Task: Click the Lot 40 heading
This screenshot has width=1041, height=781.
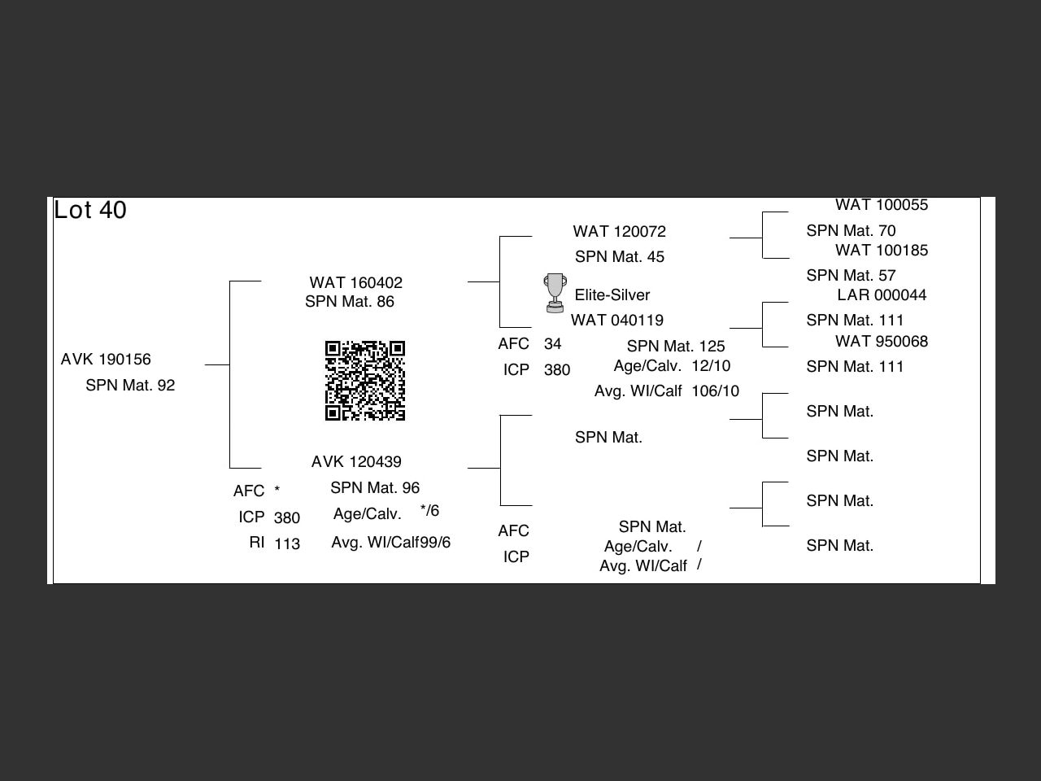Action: coord(90,210)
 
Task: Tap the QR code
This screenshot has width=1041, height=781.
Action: coord(365,381)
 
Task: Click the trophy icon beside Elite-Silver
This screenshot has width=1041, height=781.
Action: coord(555,293)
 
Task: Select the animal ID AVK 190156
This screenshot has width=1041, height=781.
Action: coord(106,360)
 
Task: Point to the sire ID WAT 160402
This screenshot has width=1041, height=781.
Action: coord(355,283)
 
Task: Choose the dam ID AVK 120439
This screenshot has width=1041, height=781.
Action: coord(356,462)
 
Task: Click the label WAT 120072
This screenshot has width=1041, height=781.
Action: coord(619,232)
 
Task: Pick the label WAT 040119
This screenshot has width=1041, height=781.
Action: coord(616,321)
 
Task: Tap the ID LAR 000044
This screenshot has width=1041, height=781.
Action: coord(882,295)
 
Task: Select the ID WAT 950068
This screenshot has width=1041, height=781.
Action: coord(882,342)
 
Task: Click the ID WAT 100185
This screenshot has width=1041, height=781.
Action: coord(882,251)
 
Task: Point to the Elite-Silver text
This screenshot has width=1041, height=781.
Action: coord(612,295)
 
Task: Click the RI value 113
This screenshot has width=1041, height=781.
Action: coord(287,544)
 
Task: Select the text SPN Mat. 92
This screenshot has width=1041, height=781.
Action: coord(130,386)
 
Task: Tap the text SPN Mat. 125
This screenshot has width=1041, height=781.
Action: coord(676,347)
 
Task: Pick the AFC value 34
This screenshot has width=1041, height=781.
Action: coord(553,344)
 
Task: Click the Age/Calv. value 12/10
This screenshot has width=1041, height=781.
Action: coord(711,366)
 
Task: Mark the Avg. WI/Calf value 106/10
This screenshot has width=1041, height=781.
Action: coord(716,391)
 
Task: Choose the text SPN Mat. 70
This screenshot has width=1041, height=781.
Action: coord(851,231)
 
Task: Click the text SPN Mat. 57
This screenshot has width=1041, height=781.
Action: coord(851,276)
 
